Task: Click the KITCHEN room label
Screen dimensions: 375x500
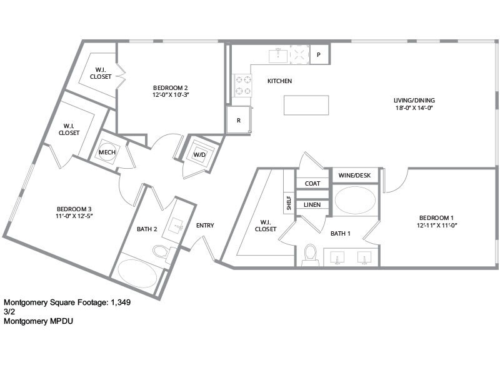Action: pyautogui.click(x=279, y=81)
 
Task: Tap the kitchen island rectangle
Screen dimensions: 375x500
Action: pyautogui.click(x=306, y=105)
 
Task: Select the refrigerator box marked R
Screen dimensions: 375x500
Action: pyautogui.click(x=238, y=120)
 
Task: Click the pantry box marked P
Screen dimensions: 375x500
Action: pyautogui.click(x=319, y=55)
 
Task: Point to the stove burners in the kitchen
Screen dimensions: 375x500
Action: pyautogui.click(x=242, y=86)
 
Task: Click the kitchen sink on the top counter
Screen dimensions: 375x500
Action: pyautogui.click(x=277, y=56)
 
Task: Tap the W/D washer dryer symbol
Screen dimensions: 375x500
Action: pyautogui.click(x=200, y=154)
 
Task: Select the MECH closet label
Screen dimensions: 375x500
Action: pyautogui.click(x=106, y=152)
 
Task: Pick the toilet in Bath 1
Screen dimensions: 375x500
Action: pyautogui.click(x=310, y=254)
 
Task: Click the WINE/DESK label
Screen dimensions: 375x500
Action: pyautogui.click(x=354, y=176)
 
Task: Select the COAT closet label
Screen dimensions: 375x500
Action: pyautogui.click(x=312, y=183)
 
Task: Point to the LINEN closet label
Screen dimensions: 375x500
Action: pyautogui.click(x=312, y=204)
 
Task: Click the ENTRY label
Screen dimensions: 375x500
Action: pyautogui.click(x=205, y=226)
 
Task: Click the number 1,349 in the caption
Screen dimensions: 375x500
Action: pyautogui.click(x=119, y=302)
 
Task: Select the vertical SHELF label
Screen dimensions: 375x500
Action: pyautogui.click(x=289, y=203)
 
